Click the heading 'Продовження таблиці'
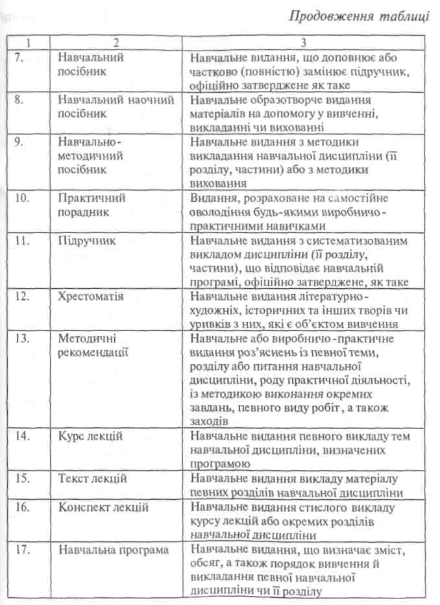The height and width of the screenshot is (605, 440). pos(353,16)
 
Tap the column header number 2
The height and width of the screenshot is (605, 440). pos(114,43)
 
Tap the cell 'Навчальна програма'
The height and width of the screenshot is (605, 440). pos(114,550)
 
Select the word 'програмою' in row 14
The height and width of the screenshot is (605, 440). pos(221,464)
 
